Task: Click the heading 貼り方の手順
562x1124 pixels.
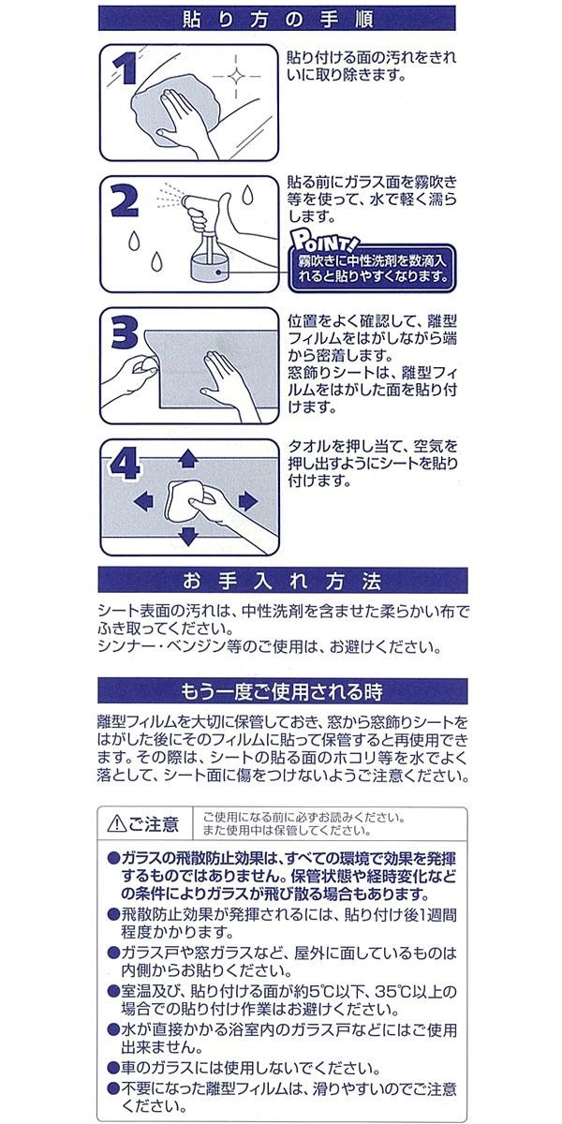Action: [x=277, y=20]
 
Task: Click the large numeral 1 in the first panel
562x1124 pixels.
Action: [x=126, y=67]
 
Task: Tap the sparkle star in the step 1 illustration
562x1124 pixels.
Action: [x=236, y=76]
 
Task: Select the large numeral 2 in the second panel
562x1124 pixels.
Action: [x=124, y=200]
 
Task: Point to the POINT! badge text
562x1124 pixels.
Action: [x=325, y=243]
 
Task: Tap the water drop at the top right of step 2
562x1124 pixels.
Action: [x=247, y=195]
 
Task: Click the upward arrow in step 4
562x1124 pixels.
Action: [x=188, y=458]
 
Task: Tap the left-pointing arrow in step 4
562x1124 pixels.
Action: [x=144, y=501]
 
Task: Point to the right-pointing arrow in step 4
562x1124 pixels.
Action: [x=248, y=501]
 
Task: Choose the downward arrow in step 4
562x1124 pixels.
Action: [x=188, y=536]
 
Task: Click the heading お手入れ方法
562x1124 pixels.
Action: [x=282, y=581]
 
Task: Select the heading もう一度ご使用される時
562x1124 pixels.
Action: [x=282, y=691]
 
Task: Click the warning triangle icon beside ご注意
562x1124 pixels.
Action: [x=117, y=823]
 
